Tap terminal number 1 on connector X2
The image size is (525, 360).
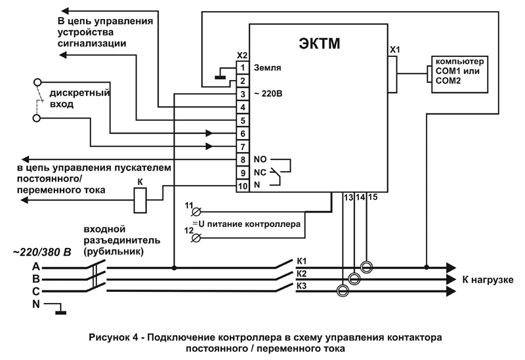point(242,68)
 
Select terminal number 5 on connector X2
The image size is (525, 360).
point(242,121)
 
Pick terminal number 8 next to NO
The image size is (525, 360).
point(242,160)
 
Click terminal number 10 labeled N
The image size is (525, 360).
point(242,186)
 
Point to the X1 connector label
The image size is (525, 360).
point(394,49)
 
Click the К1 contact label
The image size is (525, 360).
point(302,260)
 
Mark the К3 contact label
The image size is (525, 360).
point(302,286)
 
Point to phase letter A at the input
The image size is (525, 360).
point(35,267)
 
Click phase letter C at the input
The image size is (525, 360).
point(35,291)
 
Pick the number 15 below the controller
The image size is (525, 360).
point(372,197)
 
